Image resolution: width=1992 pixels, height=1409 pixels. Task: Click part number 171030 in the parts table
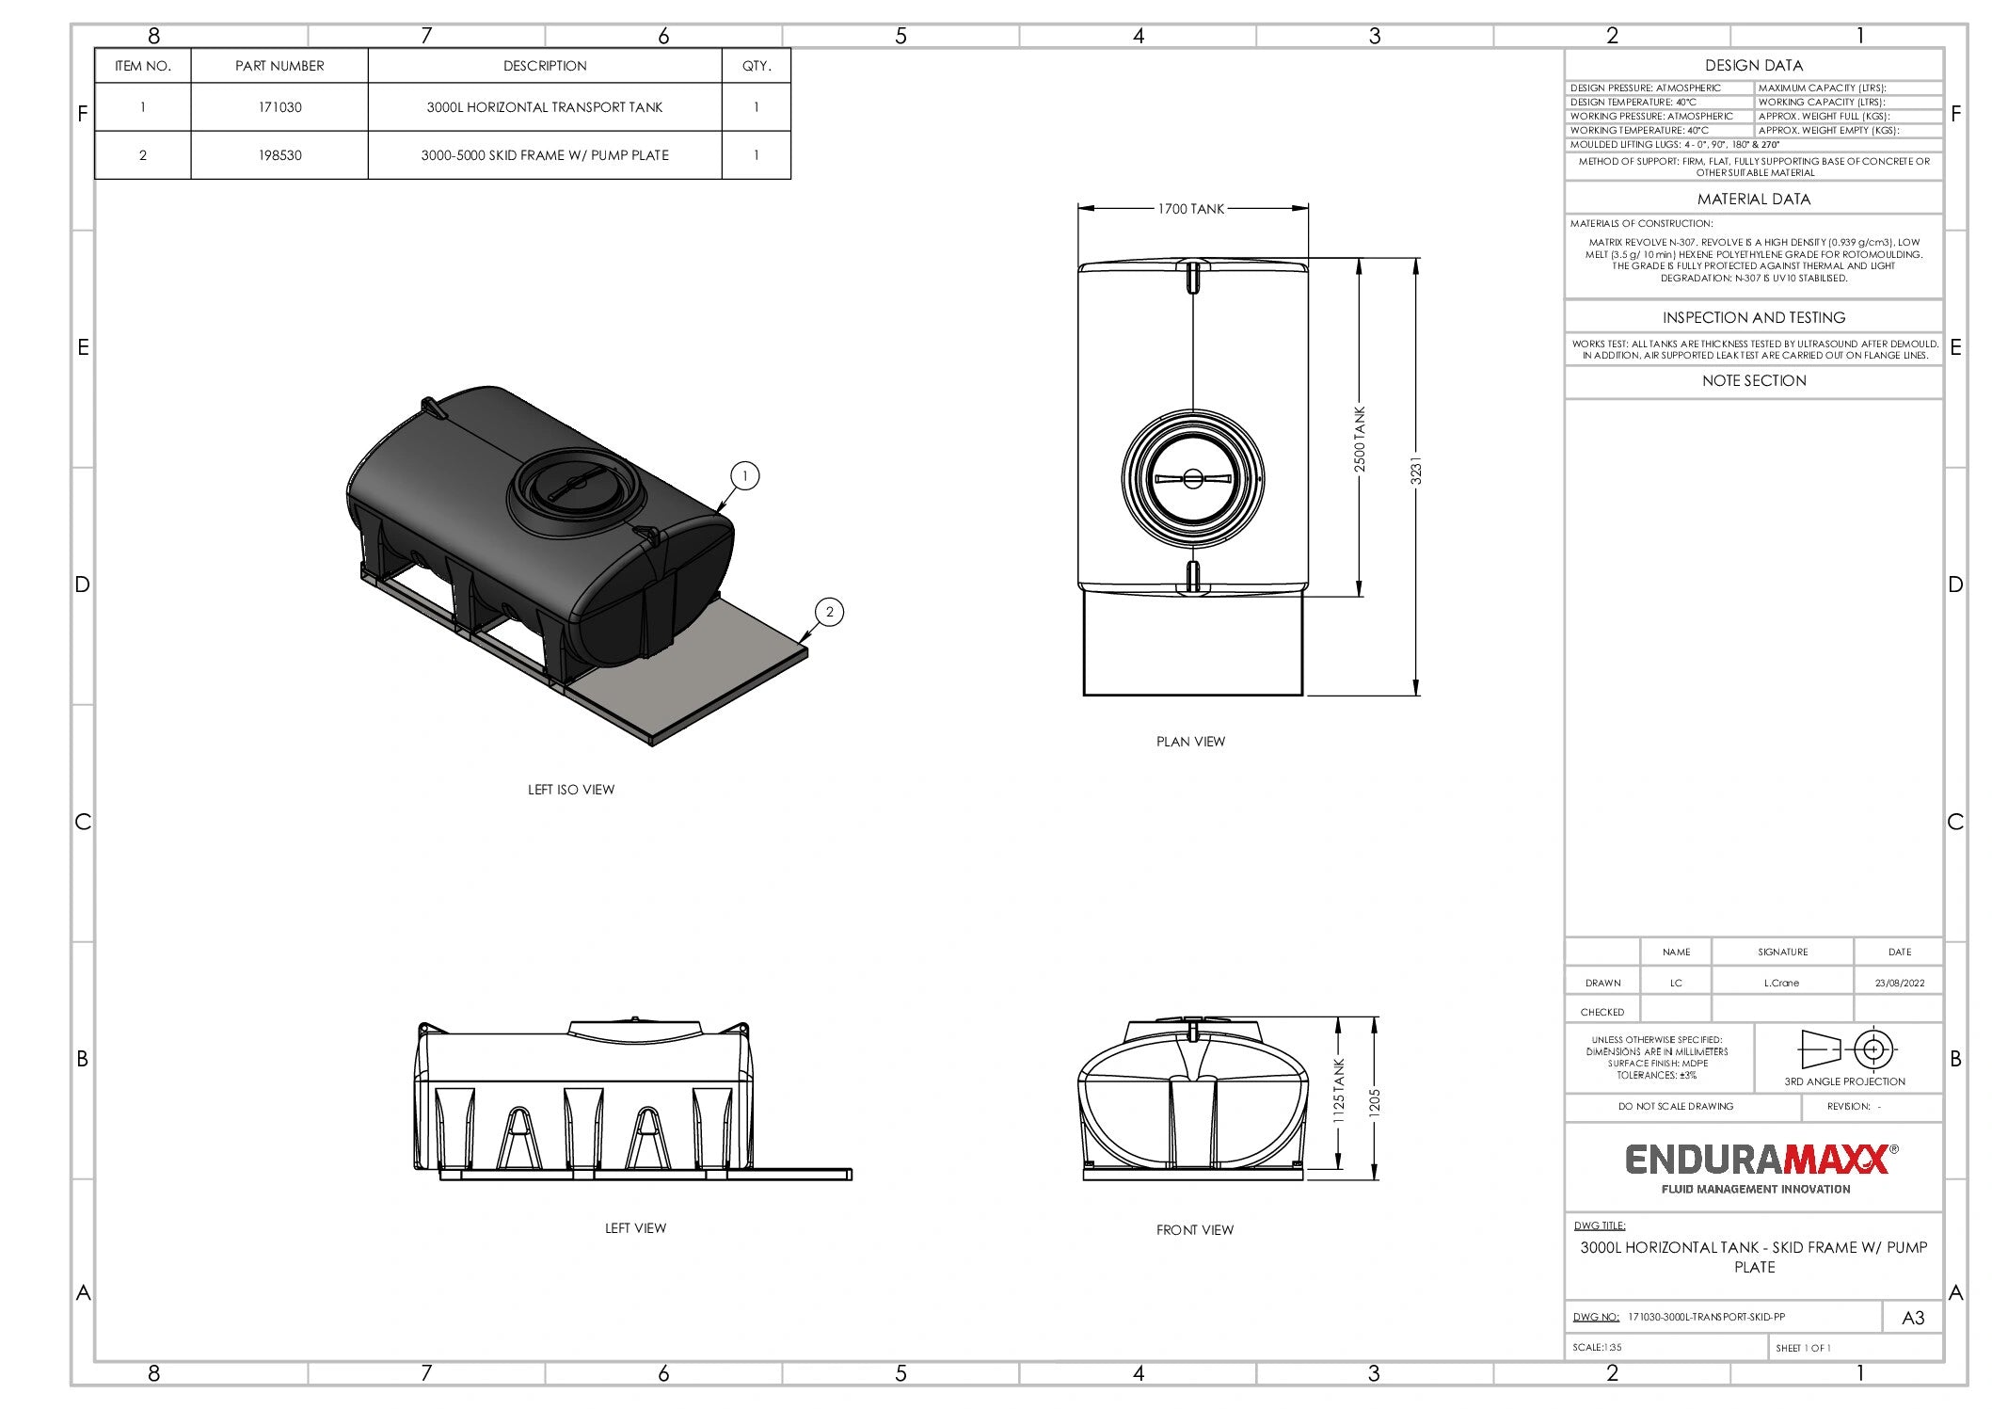tap(280, 107)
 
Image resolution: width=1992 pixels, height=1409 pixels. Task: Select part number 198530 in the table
tap(280, 155)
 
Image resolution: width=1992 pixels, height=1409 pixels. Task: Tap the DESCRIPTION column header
tap(545, 66)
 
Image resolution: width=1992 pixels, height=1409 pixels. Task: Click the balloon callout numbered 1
tap(744, 476)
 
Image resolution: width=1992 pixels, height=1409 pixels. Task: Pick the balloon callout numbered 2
tap(829, 612)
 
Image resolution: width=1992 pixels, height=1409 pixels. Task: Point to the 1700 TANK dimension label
tap(1191, 209)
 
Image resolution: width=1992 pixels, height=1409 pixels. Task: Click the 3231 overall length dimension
tap(1416, 471)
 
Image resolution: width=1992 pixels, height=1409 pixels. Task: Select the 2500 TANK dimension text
tap(1359, 440)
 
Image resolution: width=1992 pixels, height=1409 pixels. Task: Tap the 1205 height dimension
tap(1374, 1101)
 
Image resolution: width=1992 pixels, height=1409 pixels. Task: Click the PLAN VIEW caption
tap(1190, 742)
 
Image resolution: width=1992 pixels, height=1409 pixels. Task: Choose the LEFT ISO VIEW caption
tap(571, 790)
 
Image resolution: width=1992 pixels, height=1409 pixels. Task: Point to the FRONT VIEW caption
tap(1195, 1229)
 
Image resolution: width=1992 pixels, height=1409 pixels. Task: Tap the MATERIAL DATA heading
tap(1754, 200)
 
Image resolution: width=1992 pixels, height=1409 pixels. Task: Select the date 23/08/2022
tap(1900, 983)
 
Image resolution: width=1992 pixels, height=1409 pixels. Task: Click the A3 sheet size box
tap(1913, 1318)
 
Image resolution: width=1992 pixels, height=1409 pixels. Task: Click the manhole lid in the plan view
tap(1192, 478)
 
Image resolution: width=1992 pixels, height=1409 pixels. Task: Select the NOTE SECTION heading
tap(1754, 381)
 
